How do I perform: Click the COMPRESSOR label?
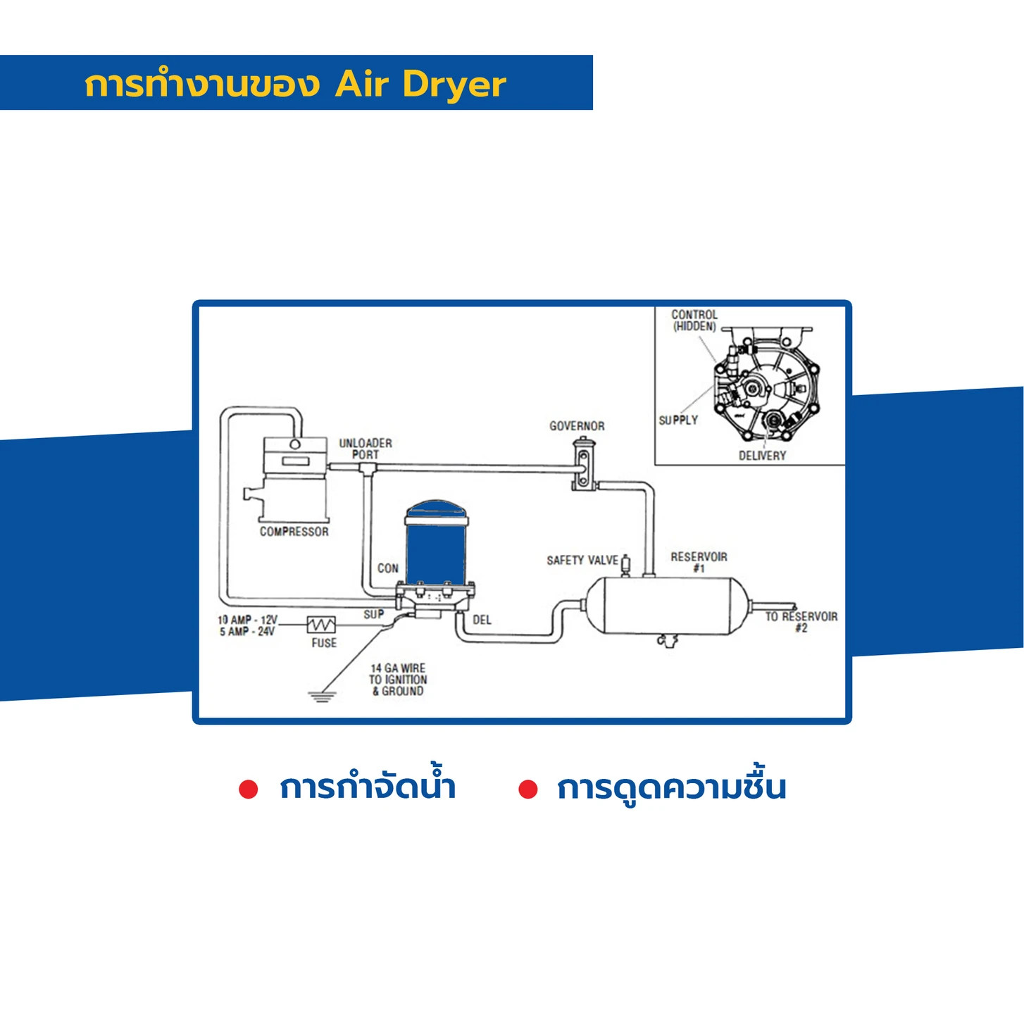point(294,532)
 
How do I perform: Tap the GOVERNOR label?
point(577,425)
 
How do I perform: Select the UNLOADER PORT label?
point(366,449)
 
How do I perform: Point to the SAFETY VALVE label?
point(582,560)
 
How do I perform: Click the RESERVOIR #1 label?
point(699,562)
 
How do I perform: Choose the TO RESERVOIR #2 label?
point(801,622)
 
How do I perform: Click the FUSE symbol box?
point(321,625)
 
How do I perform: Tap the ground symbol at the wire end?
point(321,697)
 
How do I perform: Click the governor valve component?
point(583,463)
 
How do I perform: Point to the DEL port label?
point(482,620)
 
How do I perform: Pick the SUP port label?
point(373,614)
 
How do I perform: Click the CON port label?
point(388,568)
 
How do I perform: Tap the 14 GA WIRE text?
point(398,668)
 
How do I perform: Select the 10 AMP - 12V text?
point(248,620)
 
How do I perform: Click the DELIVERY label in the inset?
point(762,456)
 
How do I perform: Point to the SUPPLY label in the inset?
point(678,420)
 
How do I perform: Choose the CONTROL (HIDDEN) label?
point(694,320)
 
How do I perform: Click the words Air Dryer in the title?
point(420,85)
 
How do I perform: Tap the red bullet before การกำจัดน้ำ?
point(248,789)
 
